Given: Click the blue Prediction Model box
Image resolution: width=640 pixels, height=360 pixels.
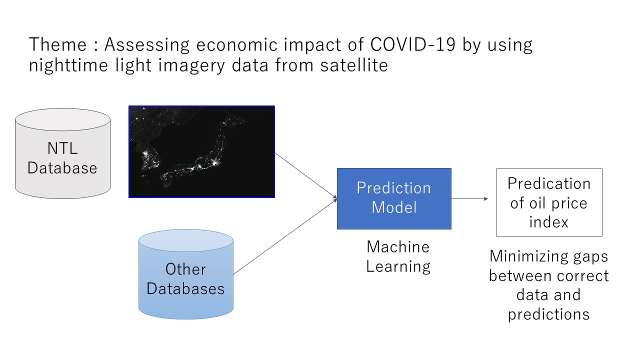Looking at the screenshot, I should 394,198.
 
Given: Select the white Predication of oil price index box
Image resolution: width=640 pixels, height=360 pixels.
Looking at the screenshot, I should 549,202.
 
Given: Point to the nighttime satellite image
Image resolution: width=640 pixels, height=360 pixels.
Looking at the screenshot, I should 201,151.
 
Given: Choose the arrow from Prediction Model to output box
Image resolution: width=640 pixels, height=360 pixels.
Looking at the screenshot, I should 469,198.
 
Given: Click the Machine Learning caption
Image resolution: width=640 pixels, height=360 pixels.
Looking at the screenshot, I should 398,256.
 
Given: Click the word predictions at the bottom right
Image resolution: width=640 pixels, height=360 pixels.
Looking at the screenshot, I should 549,314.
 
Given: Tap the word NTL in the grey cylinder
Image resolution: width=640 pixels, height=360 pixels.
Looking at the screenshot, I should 62,148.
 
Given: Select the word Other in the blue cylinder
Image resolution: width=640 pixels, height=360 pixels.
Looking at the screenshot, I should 185,269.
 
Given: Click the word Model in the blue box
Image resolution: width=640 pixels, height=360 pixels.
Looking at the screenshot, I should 394,207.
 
